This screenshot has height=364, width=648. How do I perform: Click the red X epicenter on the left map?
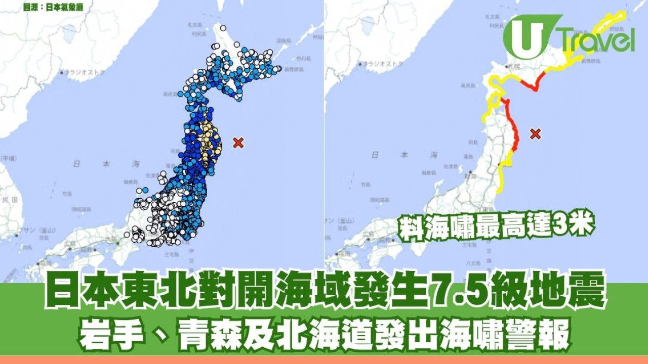click(238, 143)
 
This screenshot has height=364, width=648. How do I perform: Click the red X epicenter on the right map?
click(536, 134)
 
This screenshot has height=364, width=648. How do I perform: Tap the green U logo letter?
click(526, 36)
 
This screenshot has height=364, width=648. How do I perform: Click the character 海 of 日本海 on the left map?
click(136, 164)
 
